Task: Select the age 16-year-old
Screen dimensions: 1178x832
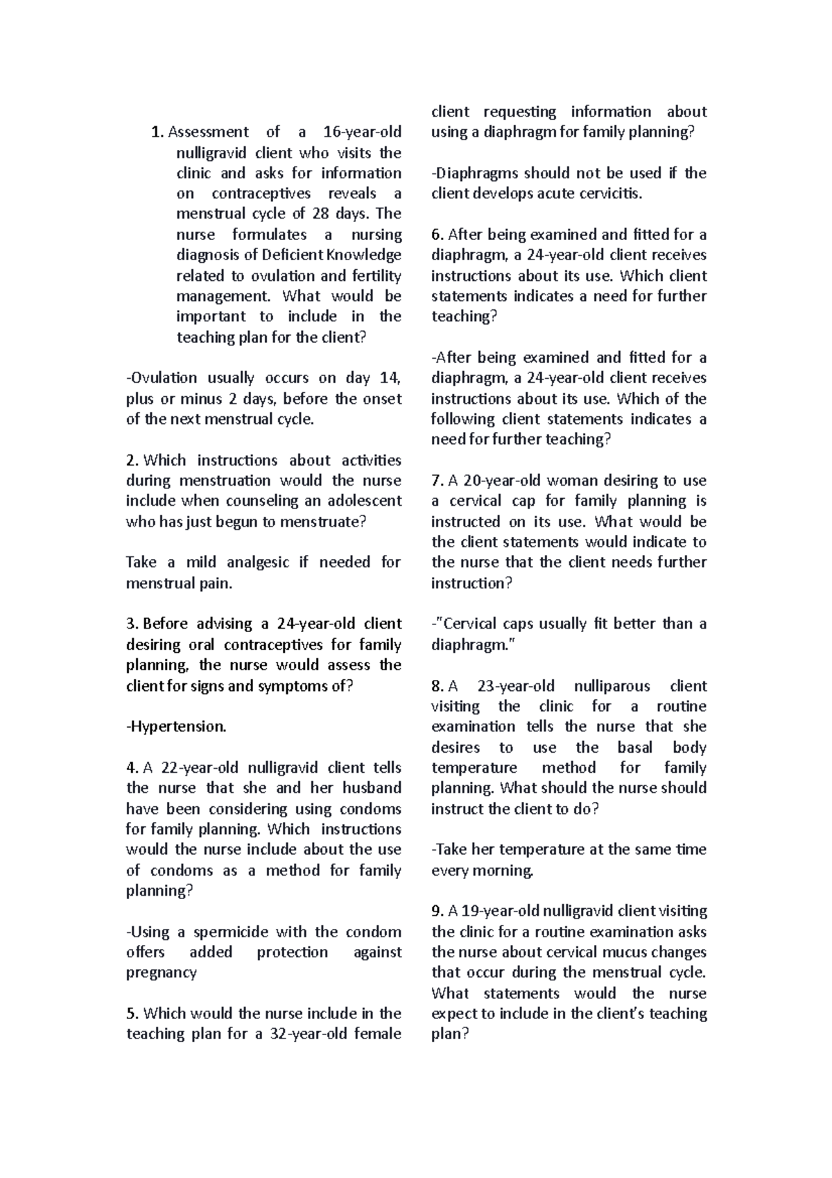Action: [x=363, y=132]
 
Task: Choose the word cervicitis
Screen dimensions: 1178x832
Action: [x=607, y=194]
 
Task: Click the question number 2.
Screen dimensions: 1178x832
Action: [x=132, y=460]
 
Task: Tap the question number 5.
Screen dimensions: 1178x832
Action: [x=132, y=1014]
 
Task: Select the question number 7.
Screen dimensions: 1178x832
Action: [x=437, y=481]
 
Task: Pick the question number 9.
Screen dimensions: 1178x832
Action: [x=437, y=911]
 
